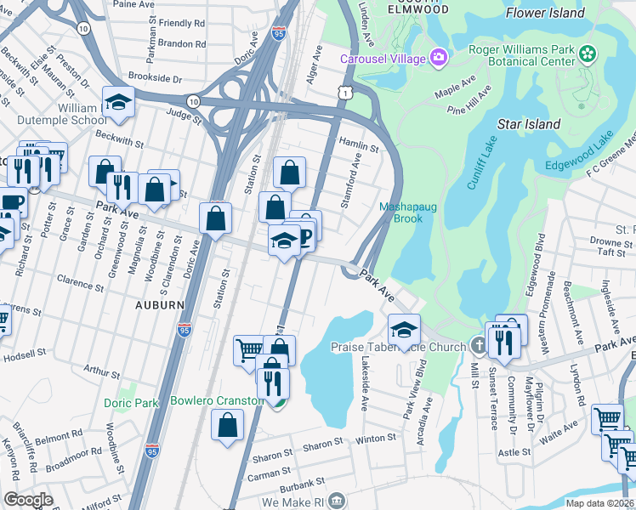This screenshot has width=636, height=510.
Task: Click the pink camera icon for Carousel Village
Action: point(439,58)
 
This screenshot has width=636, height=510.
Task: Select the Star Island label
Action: point(529,124)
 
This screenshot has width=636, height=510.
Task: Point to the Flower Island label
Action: point(545,13)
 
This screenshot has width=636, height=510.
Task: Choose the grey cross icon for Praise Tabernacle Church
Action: point(479,346)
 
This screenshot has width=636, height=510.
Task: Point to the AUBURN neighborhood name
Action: point(159,304)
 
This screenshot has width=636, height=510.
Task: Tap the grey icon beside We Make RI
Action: point(338,501)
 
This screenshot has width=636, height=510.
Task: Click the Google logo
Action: point(28,499)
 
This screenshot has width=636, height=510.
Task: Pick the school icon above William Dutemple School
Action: point(119,102)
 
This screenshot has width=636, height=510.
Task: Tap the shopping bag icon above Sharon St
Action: point(227,427)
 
